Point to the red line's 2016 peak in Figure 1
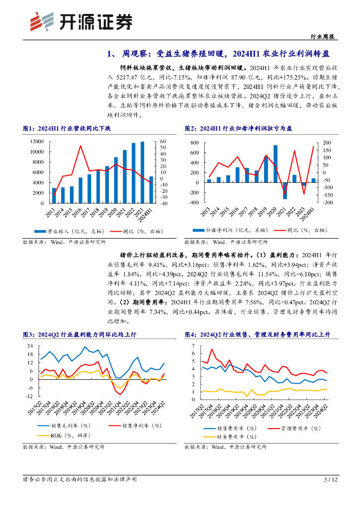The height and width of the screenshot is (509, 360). [x=81, y=146]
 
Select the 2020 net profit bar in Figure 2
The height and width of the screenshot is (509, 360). [x=275, y=164]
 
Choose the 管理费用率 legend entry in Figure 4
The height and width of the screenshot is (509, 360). [x=298, y=428]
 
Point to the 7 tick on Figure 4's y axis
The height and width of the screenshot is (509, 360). [x=193, y=345]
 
